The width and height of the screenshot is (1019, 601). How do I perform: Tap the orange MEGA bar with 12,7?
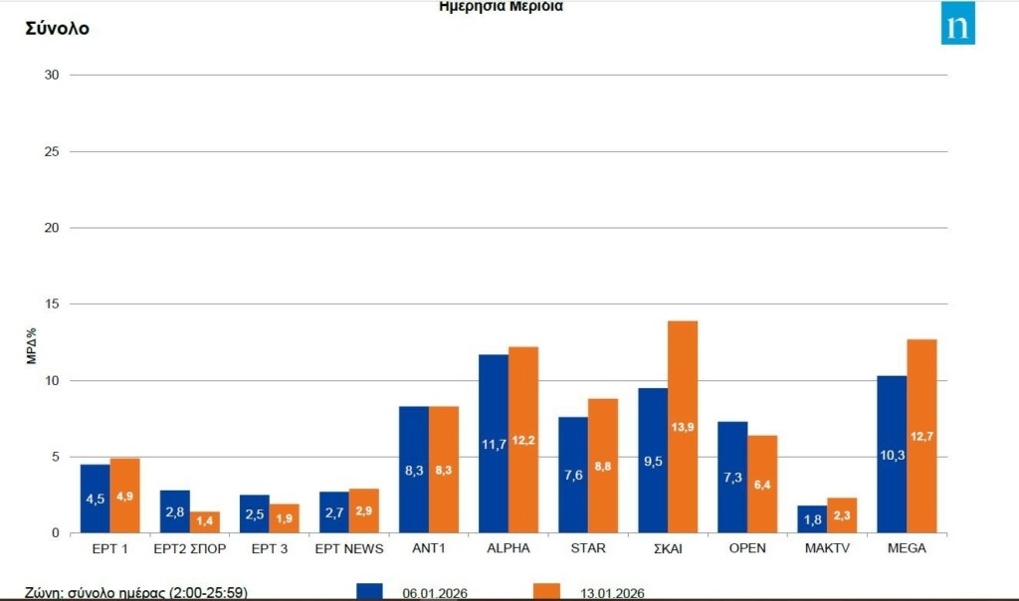[x=921, y=435]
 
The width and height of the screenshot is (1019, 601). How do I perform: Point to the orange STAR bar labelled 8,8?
[x=603, y=465]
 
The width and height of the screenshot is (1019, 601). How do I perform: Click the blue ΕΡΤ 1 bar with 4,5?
[x=95, y=498]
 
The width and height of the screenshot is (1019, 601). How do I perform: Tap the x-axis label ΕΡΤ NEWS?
[x=348, y=548]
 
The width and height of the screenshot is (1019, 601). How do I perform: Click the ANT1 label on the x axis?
[x=429, y=548]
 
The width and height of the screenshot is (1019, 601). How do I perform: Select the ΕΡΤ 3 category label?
[x=269, y=548]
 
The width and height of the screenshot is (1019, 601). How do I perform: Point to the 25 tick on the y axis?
[x=52, y=151]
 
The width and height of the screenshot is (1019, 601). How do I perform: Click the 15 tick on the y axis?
[x=52, y=304]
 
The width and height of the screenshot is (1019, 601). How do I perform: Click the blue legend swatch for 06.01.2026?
[x=369, y=591]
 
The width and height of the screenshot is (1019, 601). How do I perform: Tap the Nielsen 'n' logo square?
[x=957, y=23]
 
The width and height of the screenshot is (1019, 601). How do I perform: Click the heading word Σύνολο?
[x=57, y=29]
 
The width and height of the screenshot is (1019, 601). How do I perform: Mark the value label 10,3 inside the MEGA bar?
[x=892, y=454]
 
